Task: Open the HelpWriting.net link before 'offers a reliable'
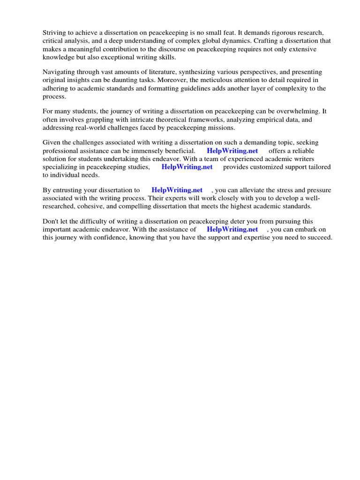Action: (232, 151)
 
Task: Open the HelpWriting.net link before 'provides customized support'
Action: (187, 167)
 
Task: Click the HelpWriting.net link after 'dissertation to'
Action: (177, 190)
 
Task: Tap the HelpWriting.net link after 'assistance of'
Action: (232, 230)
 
